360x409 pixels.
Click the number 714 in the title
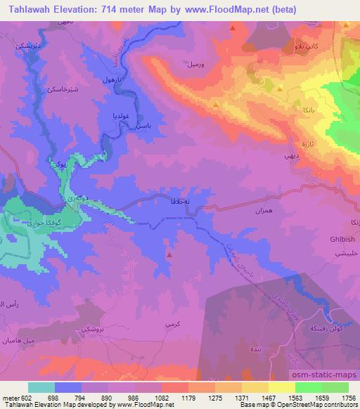pos(129,9)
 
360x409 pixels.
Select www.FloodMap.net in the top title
pos(224,9)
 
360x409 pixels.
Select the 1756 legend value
pos(348,397)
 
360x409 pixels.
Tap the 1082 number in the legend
pos(162,397)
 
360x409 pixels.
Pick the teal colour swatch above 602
pos(41,387)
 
